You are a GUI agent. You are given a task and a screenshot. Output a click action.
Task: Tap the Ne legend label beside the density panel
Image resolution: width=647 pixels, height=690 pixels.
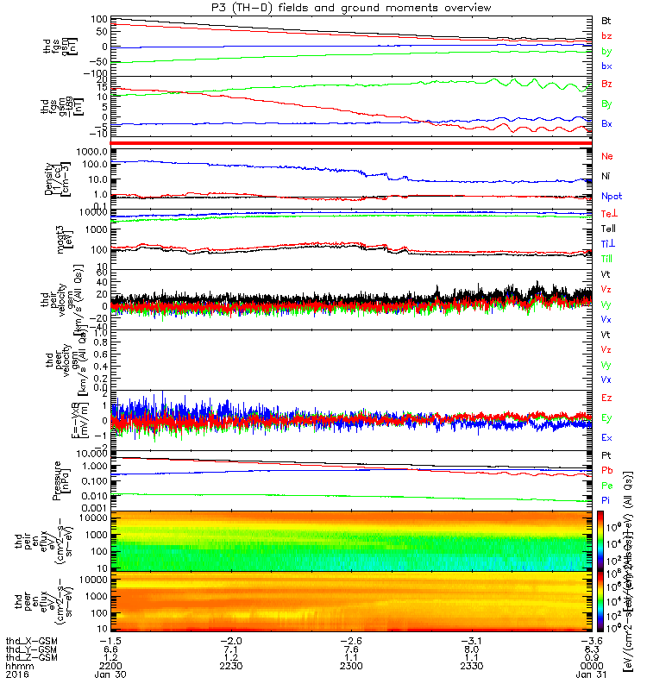[606, 156]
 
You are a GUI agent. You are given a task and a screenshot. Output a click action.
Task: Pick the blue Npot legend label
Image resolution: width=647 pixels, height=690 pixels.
[611, 196]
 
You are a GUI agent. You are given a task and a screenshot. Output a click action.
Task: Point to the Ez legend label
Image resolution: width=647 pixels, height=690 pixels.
[606, 399]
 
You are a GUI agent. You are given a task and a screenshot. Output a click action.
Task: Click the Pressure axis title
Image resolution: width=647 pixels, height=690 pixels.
[57, 480]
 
